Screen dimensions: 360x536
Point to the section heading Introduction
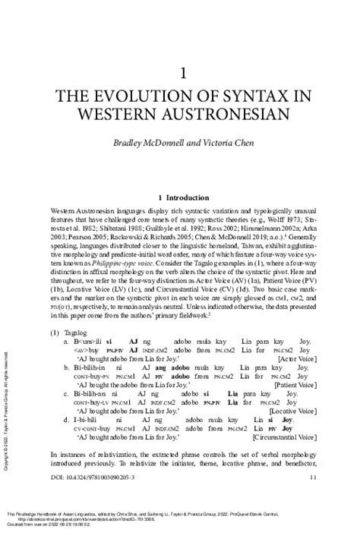click(x=187, y=195)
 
